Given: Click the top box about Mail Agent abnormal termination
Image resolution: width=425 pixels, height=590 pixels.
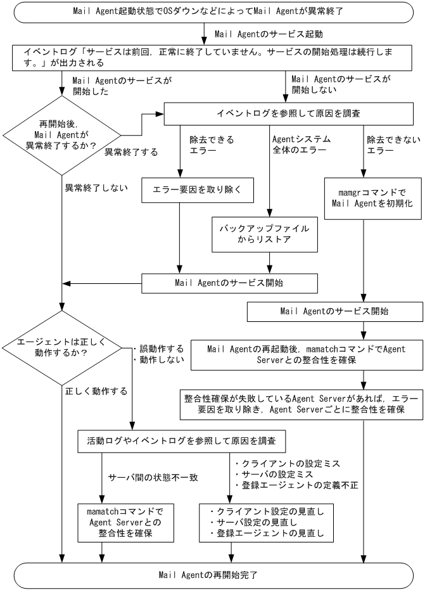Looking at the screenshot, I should [x=212, y=12].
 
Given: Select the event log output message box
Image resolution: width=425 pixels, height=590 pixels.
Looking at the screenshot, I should [x=212, y=57].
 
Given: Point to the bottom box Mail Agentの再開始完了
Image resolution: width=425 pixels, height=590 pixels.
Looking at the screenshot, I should [x=212, y=575].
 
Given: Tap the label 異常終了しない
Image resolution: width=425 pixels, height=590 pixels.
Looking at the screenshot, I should [x=96, y=188].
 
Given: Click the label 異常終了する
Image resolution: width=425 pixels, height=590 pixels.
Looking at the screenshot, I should [x=123, y=153].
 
